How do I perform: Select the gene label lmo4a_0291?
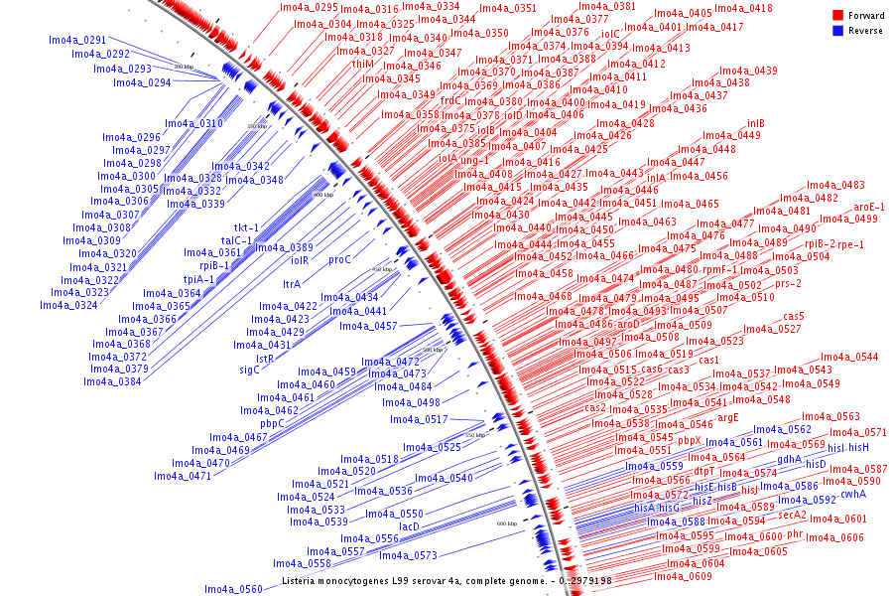point(77,41)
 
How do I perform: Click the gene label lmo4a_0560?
point(233,589)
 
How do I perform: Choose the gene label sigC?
point(249,371)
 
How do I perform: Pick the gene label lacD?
point(409,525)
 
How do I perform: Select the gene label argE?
point(728,418)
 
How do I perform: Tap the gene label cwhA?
point(853,494)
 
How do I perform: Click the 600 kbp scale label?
point(506,523)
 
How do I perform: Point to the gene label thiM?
point(363,64)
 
